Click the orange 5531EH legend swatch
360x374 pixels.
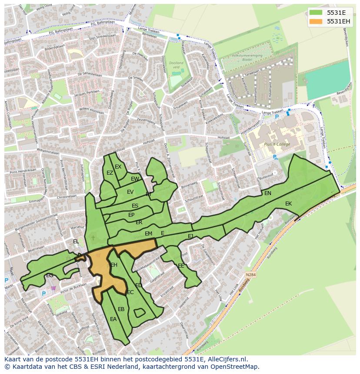[317, 21]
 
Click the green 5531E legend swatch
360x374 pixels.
[317, 12]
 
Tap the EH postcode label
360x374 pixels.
[114, 265]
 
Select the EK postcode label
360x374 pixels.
[289, 204]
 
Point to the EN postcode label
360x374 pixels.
[268, 193]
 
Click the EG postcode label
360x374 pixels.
[50, 275]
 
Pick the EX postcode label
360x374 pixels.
[118, 167]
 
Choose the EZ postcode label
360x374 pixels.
[110, 173]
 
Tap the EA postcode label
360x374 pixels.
[113, 319]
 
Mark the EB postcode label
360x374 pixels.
[121, 309]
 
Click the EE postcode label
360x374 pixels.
[181, 266]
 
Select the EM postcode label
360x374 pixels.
[149, 234]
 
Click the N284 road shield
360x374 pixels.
[250, 275]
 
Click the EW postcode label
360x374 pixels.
[135, 179]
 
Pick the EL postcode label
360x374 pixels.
[76, 242]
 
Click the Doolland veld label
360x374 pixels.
[176, 65]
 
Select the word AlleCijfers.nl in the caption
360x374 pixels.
[227, 359]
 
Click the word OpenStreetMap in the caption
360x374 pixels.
[237, 367]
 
